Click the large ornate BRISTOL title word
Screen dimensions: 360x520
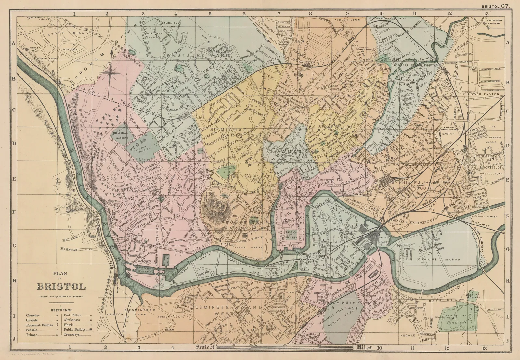click(61, 287)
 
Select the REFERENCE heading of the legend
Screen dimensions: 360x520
click(61, 310)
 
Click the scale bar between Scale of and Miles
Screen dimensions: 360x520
click(284, 348)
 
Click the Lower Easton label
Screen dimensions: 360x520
click(485, 94)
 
